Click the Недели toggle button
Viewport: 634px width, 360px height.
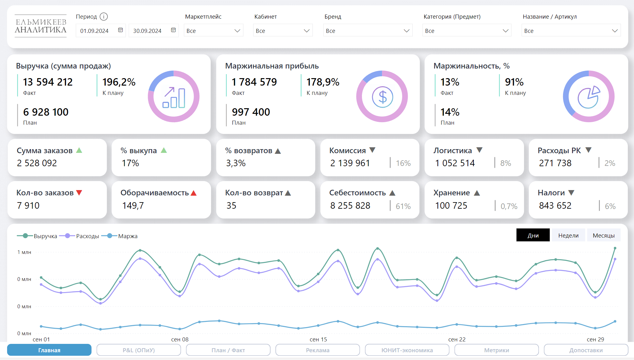(568, 235)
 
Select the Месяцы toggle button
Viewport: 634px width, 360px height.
(604, 235)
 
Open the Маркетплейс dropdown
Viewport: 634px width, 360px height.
(213, 31)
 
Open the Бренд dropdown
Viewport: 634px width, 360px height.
(368, 31)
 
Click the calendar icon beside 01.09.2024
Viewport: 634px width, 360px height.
(121, 30)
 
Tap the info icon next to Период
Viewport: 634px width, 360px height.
(104, 16)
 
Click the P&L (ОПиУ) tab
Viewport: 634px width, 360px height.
(139, 350)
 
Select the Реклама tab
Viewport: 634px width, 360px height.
(318, 350)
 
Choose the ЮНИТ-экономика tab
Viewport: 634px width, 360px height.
(407, 350)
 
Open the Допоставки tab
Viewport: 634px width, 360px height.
(586, 350)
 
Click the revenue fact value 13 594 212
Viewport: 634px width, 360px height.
(48, 82)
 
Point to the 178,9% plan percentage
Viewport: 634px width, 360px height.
(323, 82)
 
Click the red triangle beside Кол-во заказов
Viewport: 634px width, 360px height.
(79, 193)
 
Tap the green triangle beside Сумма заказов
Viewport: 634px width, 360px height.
(79, 150)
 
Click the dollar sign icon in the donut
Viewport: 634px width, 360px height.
(382, 97)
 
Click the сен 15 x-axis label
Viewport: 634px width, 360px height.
(318, 339)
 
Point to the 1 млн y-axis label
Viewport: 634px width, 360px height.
(24, 252)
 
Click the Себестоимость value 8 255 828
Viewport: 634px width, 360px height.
(350, 206)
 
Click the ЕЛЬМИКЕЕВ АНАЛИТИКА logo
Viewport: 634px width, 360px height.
(41, 26)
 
